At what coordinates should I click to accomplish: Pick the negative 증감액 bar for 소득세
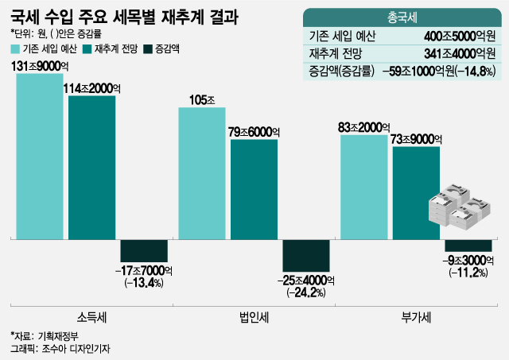143,250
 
